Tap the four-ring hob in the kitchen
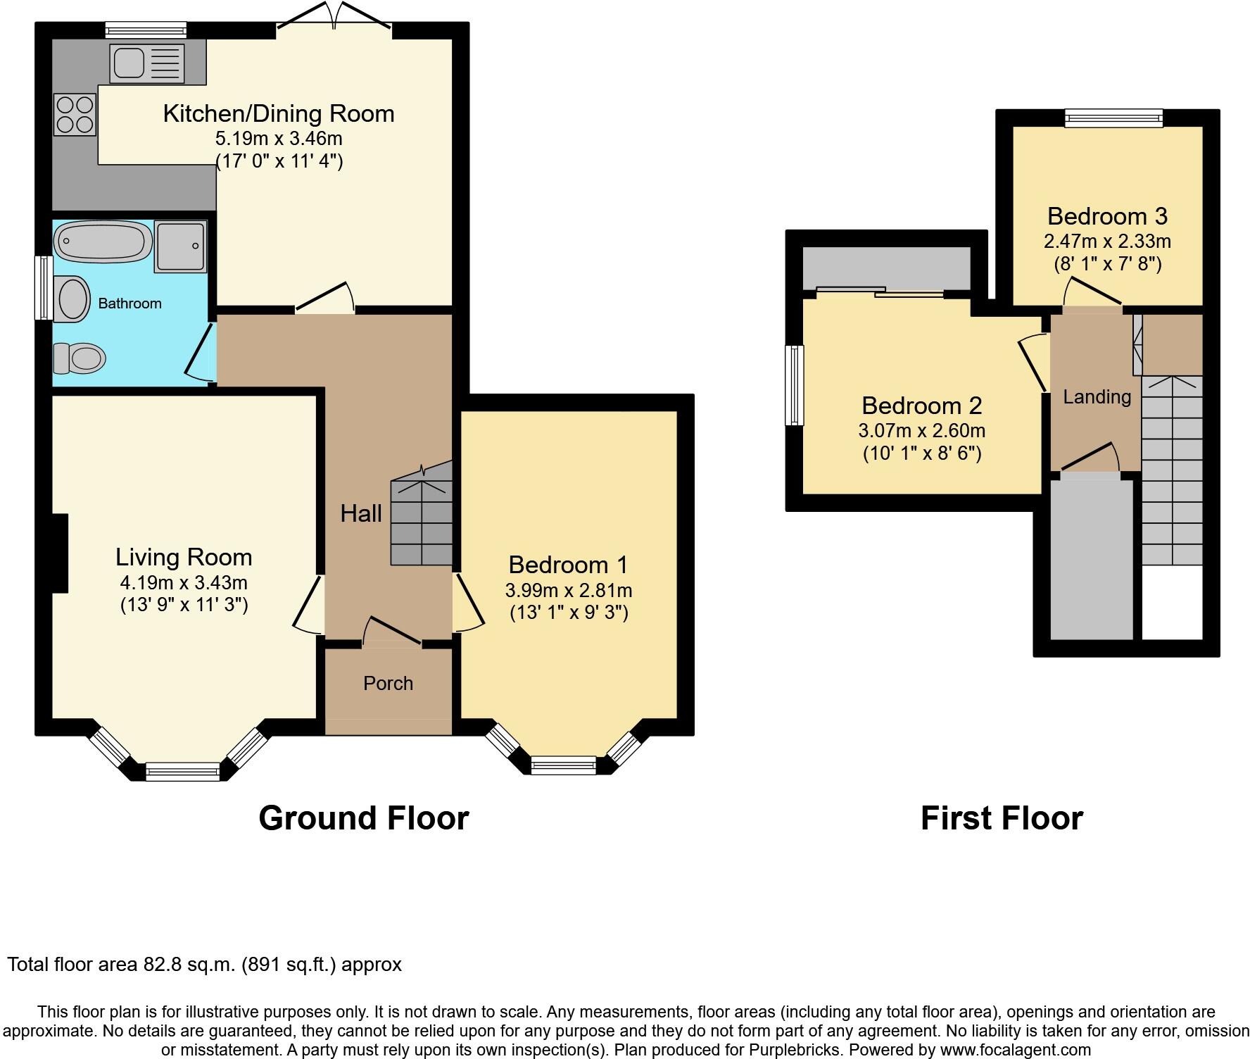point(75,115)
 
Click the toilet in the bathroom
point(79,358)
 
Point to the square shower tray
point(182,246)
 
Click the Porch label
point(388,683)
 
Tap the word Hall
point(361,513)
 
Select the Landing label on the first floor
point(1097,397)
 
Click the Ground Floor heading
point(363,818)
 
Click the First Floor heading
point(1002,818)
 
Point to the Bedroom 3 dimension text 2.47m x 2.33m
point(1107,242)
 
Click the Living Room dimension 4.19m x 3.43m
point(184,583)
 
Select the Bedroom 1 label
point(568,565)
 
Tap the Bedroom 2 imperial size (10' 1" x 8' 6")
point(922,453)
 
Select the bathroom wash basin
point(72,299)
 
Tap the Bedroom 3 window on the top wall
point(1113,118)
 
